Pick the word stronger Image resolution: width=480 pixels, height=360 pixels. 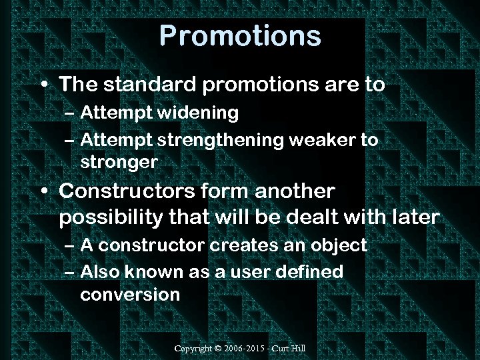(119, 161)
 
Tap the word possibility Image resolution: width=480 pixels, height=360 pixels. (107, 217)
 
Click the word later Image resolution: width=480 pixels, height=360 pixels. (415, 217)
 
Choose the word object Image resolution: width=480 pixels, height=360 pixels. (338, 245)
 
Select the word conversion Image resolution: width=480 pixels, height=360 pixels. (130, 294)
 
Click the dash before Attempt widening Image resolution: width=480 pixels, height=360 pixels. (71, 114)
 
